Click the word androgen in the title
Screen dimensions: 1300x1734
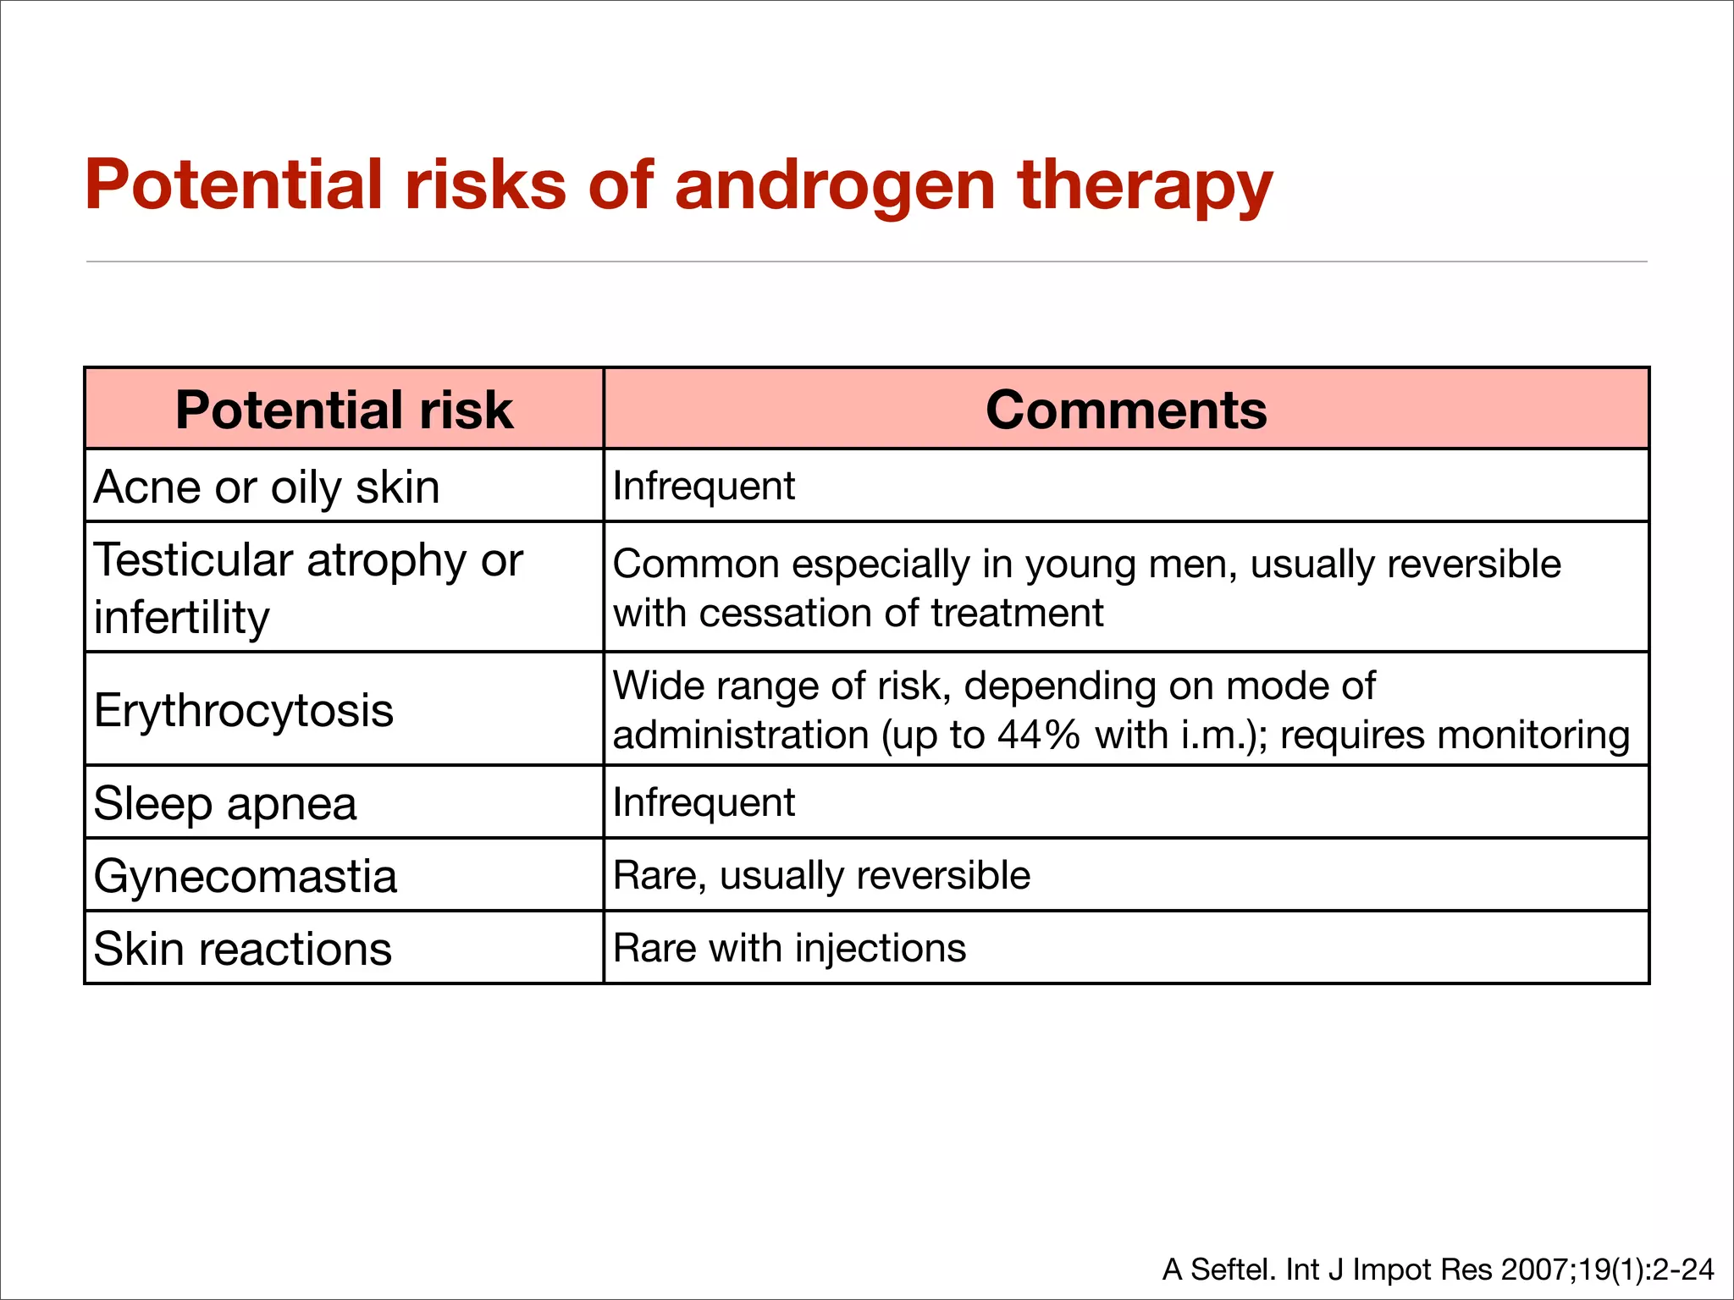click(x=834, y=186)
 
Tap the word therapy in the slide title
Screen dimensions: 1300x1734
click(x=1145, y=186)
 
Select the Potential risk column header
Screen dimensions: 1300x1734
click(x=344, y=410)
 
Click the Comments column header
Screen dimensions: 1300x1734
click(x=1126, y=410)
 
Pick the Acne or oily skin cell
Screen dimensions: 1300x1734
click(x=267, y=487)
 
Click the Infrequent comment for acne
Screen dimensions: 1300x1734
click(x=704, y=487)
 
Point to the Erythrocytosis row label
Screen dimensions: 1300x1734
click(x=244, y=710)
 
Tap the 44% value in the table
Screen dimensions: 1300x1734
click(x=1038, y=735)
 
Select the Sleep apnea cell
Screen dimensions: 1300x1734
click(x=225, y=803)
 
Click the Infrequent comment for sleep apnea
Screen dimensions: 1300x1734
click(x=704, y=802)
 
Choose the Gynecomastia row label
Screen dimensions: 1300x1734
click(x=246, y=876)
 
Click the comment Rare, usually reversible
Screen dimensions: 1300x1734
click(x=821, y=875)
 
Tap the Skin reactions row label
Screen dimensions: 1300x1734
click(x=243, y=949)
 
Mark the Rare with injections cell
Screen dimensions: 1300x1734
click(x=789, y=948)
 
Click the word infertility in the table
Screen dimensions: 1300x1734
click(x=181, y=617)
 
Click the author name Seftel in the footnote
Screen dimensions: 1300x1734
click(x=1232, y=1270)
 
